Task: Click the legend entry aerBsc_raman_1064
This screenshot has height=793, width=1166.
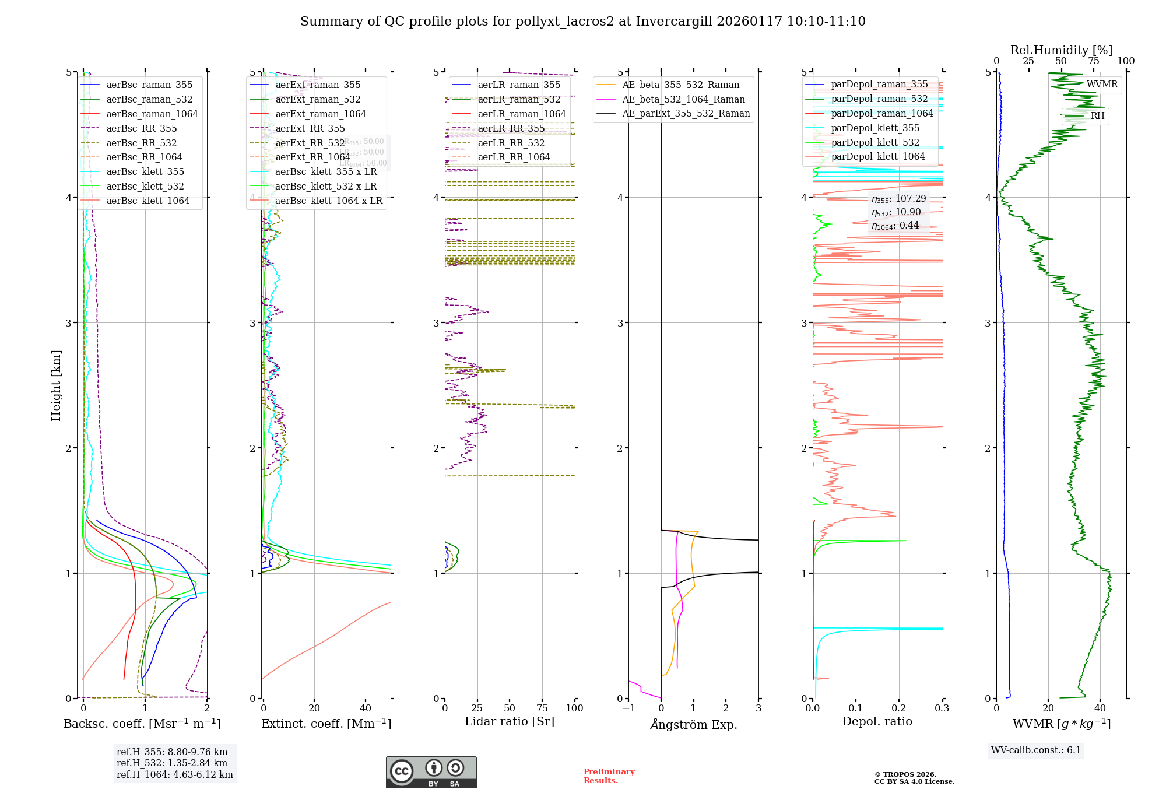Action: coord(152,114)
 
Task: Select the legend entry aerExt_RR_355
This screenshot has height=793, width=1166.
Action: coord(310,128)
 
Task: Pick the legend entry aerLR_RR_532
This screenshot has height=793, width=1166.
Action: coord(511,143)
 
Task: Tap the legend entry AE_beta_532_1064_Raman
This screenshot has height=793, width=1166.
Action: coord(683,99)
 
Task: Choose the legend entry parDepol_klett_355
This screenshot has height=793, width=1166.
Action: coord(874,128)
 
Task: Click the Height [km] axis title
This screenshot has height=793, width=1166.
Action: coord(56,385)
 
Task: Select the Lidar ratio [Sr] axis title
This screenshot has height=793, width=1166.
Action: coord(509,721)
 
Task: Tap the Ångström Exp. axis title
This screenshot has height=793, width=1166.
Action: coord(693,724)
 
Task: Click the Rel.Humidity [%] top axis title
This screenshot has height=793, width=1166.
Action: coord(1061,50)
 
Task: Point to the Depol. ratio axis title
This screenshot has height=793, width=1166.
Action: coord(877,721)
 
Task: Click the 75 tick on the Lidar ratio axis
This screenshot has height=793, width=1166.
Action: coord(542,708)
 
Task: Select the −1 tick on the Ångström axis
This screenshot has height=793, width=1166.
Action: coord(628,708)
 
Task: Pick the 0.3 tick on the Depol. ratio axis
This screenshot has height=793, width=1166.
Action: coord(942,708)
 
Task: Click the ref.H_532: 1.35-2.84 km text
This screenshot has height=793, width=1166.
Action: coord(172,763)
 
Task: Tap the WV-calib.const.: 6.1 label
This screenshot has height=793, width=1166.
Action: coord(1036,750)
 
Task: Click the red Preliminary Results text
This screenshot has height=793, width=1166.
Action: coord(609,776)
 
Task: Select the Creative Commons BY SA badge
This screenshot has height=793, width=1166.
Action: coord(431,772)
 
